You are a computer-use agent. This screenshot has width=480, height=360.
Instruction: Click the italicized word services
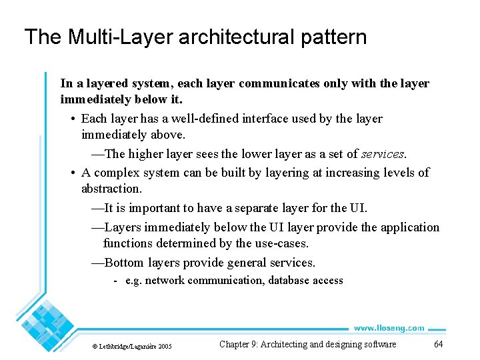(383, 154)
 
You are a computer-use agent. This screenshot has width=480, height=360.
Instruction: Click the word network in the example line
(164, 281)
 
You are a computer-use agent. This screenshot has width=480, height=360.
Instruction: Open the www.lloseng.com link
(389, 328)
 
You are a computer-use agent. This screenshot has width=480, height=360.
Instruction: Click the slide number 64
(438, 345)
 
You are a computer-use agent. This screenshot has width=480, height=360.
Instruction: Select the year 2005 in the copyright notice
(164, 347)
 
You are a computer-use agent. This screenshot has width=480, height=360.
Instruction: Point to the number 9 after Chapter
(253, 345)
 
